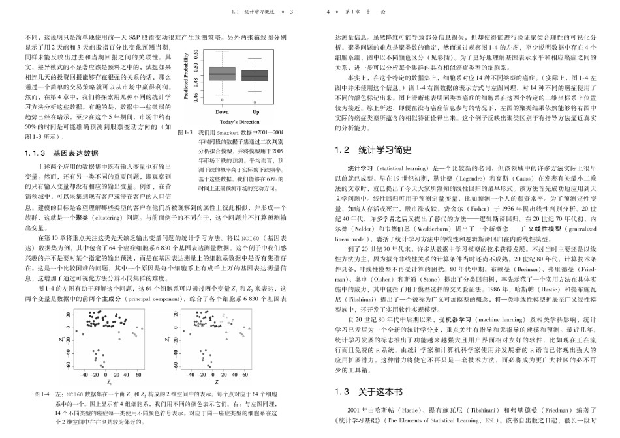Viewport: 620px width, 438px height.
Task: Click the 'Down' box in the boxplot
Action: point(222,74)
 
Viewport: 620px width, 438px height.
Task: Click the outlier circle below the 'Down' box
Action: point(222,100)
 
